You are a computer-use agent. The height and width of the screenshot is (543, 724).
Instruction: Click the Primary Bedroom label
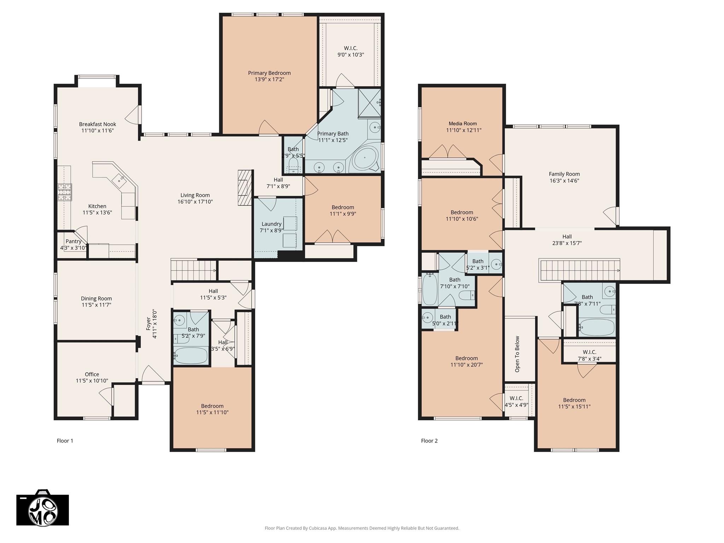(269, 73)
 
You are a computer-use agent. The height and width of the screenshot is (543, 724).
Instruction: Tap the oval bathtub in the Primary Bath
(365, 158)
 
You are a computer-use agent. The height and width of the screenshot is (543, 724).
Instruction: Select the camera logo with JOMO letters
(43, 508)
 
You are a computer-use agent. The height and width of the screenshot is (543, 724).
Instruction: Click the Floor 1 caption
(65, 441)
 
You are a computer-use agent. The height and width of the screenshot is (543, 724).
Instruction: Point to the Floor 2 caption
(429, 441)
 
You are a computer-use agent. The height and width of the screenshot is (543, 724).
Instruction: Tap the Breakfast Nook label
(98, 124)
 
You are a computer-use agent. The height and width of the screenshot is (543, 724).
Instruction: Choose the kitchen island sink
(118, 180)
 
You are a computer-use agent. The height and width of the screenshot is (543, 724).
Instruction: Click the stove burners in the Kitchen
(65, 192)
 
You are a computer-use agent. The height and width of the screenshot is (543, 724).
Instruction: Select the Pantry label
(74, 241)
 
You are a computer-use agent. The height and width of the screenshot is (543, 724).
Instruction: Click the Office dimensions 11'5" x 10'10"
(92, 381)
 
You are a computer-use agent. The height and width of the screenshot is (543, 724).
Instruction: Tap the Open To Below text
(518, 354)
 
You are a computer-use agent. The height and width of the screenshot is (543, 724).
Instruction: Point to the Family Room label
(564, 174)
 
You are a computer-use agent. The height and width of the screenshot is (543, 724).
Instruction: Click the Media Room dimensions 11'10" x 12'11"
(463, 130)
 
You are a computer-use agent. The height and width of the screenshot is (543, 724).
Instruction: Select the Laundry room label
(271, 224)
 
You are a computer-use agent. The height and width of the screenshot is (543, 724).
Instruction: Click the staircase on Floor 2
(579, 270)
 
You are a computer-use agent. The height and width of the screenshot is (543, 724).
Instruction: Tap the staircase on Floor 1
(193, 270)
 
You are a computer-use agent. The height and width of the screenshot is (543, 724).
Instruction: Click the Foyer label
(149, 323)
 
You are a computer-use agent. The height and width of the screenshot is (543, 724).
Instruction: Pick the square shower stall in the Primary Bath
(369, 103)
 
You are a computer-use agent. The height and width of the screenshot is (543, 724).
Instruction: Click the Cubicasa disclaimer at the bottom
(362, 528)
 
